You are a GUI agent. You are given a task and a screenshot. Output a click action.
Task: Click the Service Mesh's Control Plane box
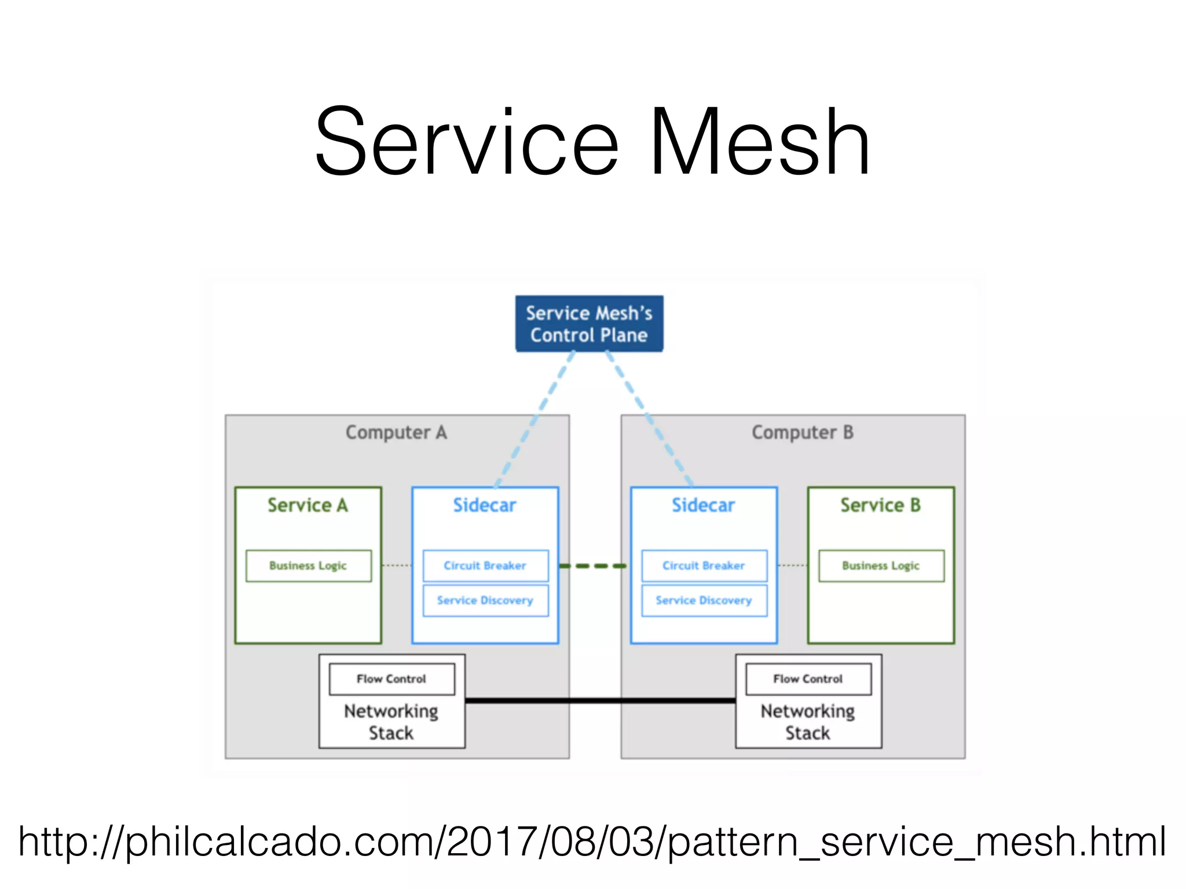tap(589, 324)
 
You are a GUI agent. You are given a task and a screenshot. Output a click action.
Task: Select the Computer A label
tap(396, 432)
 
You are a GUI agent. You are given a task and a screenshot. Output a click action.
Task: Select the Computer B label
tap(802, 432)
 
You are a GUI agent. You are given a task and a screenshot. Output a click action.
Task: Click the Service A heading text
tap(308, 505)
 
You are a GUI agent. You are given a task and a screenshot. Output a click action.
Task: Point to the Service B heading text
tap(880, 505)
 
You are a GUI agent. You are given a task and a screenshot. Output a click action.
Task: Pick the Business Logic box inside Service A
tap(308, 565)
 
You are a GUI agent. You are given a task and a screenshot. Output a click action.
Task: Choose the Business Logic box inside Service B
tap(881, 565)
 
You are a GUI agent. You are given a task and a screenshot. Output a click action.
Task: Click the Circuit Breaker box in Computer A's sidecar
tap(485, 565)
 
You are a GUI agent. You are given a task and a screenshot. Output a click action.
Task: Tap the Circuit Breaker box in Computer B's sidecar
tap(704, 565)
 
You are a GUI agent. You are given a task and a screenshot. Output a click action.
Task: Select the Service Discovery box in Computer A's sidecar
tap(485, 600)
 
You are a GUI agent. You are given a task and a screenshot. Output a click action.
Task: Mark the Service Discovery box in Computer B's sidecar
tap(704, 600)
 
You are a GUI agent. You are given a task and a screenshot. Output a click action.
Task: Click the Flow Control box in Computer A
tap(391, 679)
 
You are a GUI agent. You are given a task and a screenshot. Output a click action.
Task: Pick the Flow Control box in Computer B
tap(808, 679)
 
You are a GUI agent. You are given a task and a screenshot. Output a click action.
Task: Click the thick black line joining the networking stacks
tap(600, 700)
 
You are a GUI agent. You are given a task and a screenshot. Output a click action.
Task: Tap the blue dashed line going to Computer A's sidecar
tap(535, 419)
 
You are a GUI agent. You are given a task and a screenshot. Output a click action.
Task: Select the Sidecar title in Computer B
tap(703, 505)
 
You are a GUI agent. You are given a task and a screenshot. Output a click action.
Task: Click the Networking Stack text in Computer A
tap(391, 722)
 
